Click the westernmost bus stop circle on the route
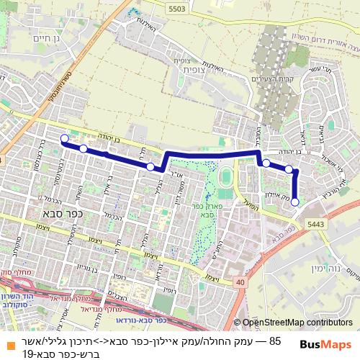point(64,138)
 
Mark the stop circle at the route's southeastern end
point(295,202)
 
